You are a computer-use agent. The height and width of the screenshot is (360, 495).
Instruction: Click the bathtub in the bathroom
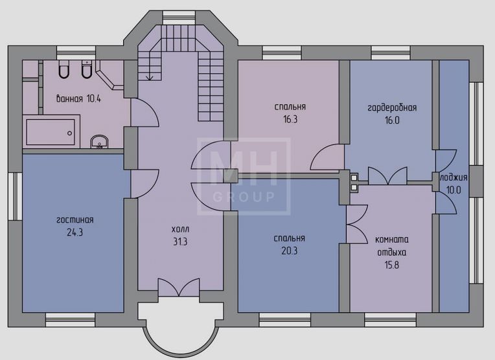pyautogui.click(x=51, y=131)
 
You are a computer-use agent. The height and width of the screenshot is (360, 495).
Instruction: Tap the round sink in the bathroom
pyautogui.click(x=99, y=142)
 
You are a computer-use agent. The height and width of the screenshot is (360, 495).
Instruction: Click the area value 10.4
pyautogui.click(x=94, y=99)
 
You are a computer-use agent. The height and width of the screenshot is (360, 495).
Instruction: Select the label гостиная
pyautogui.click(x=75, y=219)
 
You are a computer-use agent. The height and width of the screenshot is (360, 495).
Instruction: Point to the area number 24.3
pyautogui.click(x=75, y=232)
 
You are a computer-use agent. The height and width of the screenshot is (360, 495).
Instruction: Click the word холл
pyautogui.click(x=180, y=229)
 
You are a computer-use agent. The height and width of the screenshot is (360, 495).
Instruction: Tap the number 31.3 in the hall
pyautogui.click(x=180, y=242)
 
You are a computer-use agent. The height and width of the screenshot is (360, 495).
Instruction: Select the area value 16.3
pyautogui.click(x=290, y=120)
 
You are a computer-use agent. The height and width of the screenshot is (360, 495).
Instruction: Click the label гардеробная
pyautogui.click(x=392, y=108)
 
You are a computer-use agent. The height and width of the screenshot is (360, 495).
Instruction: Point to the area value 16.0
pyautogui.click(x=392, y=120)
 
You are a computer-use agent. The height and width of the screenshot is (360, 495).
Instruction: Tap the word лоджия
pyautogui.click(x=454, y=177)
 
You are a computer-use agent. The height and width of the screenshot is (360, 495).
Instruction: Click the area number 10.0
pyautogui.click(x=454, y=190)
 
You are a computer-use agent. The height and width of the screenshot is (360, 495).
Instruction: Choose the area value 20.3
pyautogui.click(x=289, y=251)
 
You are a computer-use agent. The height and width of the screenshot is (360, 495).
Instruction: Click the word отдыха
pyautogui.click(x=392, y=253)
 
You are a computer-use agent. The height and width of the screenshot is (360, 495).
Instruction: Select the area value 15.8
pyautogui.click(x=392, y=265)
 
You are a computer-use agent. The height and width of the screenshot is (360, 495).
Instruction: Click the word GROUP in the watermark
pyautogui.click(x=244, y=197)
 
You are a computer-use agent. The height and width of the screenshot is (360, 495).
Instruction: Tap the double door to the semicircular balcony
pyautogui.click(x=179, y=287)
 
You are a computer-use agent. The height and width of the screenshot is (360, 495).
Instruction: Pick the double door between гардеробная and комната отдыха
pyautogui.click(x=387, y=176)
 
